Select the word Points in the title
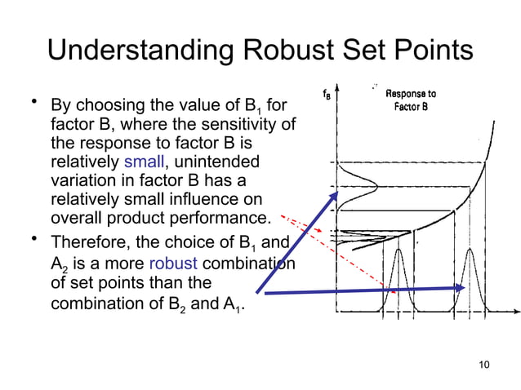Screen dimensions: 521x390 [x=428, y=51]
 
